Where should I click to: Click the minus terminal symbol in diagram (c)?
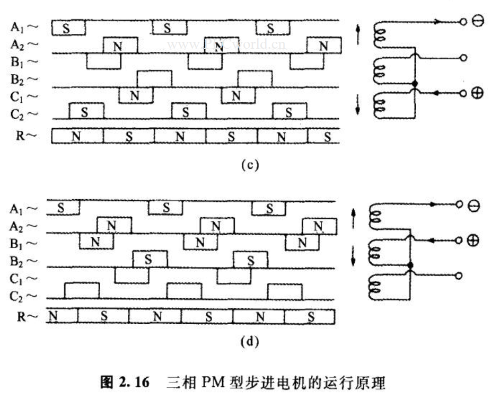pyautogui.click(x=477, y=22)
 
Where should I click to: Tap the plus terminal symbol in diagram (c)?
pyautogui.click(x=477, y=93)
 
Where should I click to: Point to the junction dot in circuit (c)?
pyautogui.click(x=414, y=84)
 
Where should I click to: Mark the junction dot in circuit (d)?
pyautogui.click(x=409, y=264)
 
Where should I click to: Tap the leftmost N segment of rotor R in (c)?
pyautogui.click(x=76, y=136)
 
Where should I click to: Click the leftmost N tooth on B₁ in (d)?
pyautogui.click(x=95, y=242)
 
